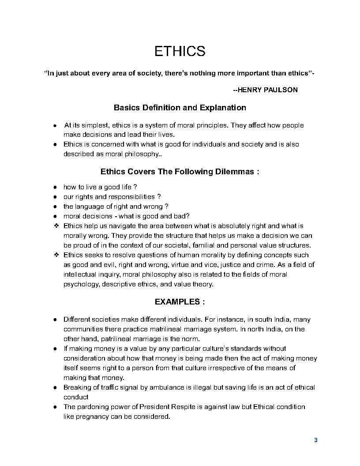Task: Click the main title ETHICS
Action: [x=180, y=52]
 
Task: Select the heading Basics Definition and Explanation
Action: [x=180, y=108]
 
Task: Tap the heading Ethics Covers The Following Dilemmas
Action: [x=180, y=172]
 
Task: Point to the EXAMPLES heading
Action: [x=180, y=302]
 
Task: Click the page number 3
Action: [x=315, y=440]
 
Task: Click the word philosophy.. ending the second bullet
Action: [x=144, y=154]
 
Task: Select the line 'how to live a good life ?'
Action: [x=100, y=187]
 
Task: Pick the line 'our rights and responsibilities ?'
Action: [x=112, y=197]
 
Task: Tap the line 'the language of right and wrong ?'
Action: [x=116, y=207]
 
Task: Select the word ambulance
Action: [x=167, y=387]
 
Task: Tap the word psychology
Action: [x=81, y=284]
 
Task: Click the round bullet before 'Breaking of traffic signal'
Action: [x=55, y=387]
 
